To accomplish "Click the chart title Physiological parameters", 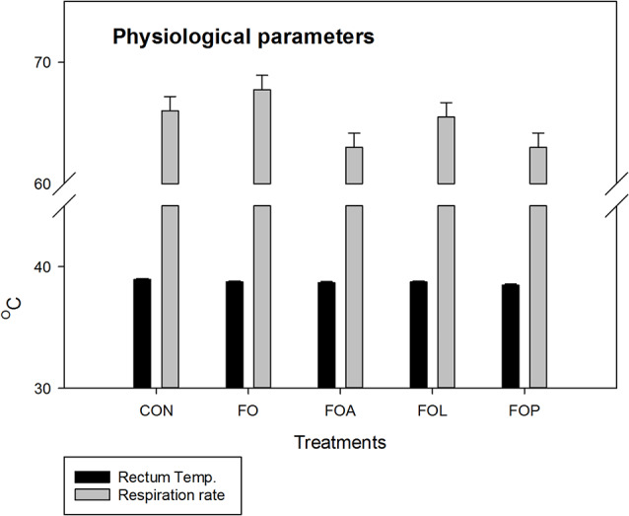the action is pyautogui.click(x=244, y=37).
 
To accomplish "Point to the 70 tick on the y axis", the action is pyautogui.click(x=61, y=62).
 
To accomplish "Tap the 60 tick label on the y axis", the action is pyautogui.click(x=41, y=184).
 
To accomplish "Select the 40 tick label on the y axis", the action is pyautogui.click(x=41, y=266).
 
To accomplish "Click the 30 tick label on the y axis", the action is pyautogui.click(x=41, y=389).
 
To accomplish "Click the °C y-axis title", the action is pyautogui.click(x=12, y=309).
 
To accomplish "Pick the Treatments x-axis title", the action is pyautogui.click(x=340, y=442).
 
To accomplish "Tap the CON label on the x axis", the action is pyautogui.click(x=157, y=410).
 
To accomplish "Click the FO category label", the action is pyautogui.click(x=248, y=410).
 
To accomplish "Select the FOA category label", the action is pyautogui.click(x=340, y=410).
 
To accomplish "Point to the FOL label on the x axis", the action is pyautogui.click(x=432, y=410).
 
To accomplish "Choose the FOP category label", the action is pyautogui.click(x=524, y=410).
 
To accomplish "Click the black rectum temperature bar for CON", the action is pyautogui.click(x=142, y=333).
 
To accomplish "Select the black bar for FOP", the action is pyautogui.click(x=511, y=336).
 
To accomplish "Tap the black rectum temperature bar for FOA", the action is pyautogui.click(x=326, y=334).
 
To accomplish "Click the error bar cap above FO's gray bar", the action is pyautogui.click(x=262, y=75).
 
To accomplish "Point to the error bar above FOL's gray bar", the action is pyautogui.click(x=446, y=110).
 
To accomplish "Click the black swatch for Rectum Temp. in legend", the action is pyautogui.click(x=93, y=478).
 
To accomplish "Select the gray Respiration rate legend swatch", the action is pyautogui.click(x=93, y=494).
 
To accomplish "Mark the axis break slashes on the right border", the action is pyautogui.click(x=617, y=194).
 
